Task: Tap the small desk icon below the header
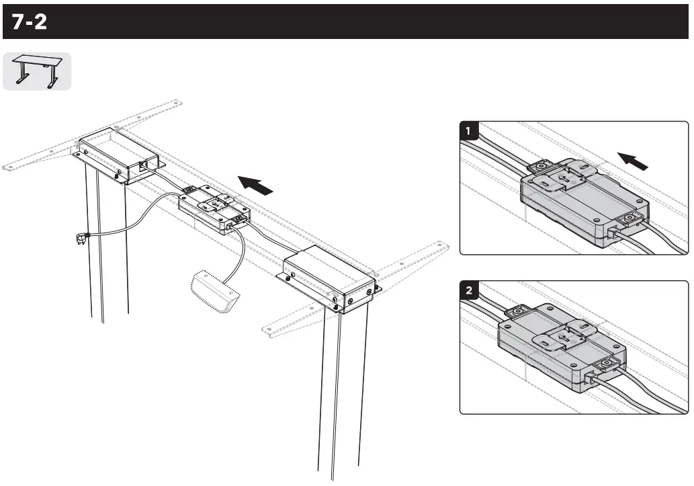point(36,71)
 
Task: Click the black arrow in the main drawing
point(257,185)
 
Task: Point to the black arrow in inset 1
point(634,162)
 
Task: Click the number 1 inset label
point(469,130)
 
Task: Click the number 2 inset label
point(469,290)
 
